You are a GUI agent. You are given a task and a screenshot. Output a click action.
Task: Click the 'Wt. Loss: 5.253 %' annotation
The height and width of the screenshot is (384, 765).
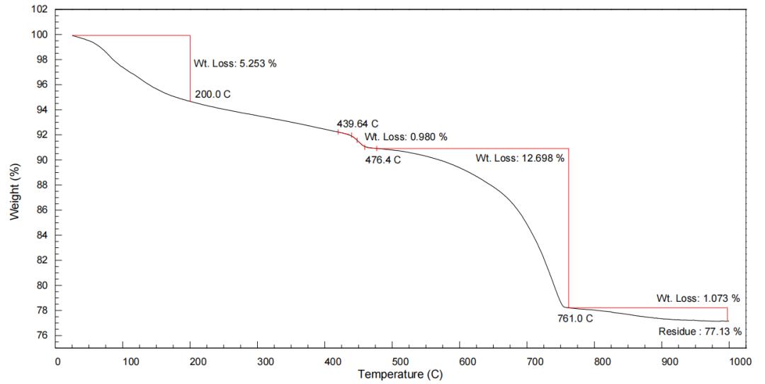(x=235, y=64)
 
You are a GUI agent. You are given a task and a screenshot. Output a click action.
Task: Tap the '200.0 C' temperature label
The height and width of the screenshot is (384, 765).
(x=213, y=94)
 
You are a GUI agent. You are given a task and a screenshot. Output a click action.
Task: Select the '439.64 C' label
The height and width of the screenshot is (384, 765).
(x=358, y=124)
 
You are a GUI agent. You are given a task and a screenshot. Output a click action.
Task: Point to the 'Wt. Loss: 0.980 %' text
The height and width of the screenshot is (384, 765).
(x=406, y=137)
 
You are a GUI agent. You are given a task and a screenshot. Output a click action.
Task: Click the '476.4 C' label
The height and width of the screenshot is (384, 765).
(x=383, y=160)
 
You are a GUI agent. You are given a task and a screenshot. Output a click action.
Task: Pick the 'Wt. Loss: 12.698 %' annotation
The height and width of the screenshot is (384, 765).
(x=520, y=158)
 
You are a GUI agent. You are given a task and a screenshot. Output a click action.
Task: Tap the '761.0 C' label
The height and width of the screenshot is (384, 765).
(x=574, y=318)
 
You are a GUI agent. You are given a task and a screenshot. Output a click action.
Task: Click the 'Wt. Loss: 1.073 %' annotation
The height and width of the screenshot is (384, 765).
(x=698, y=298)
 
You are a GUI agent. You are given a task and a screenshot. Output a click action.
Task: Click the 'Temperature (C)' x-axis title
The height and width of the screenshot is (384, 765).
(x=401, y=374)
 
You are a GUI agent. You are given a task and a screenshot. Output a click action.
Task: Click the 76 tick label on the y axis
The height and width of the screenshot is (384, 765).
(x=42, y=336)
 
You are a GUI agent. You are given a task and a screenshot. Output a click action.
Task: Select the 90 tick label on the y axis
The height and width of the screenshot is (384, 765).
(x=42, y=160)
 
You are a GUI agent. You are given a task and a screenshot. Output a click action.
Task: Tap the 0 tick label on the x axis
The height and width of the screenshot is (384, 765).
(x=57, y=361)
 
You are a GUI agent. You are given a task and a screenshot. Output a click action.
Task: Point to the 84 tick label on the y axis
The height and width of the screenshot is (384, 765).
(x=42, y=235)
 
